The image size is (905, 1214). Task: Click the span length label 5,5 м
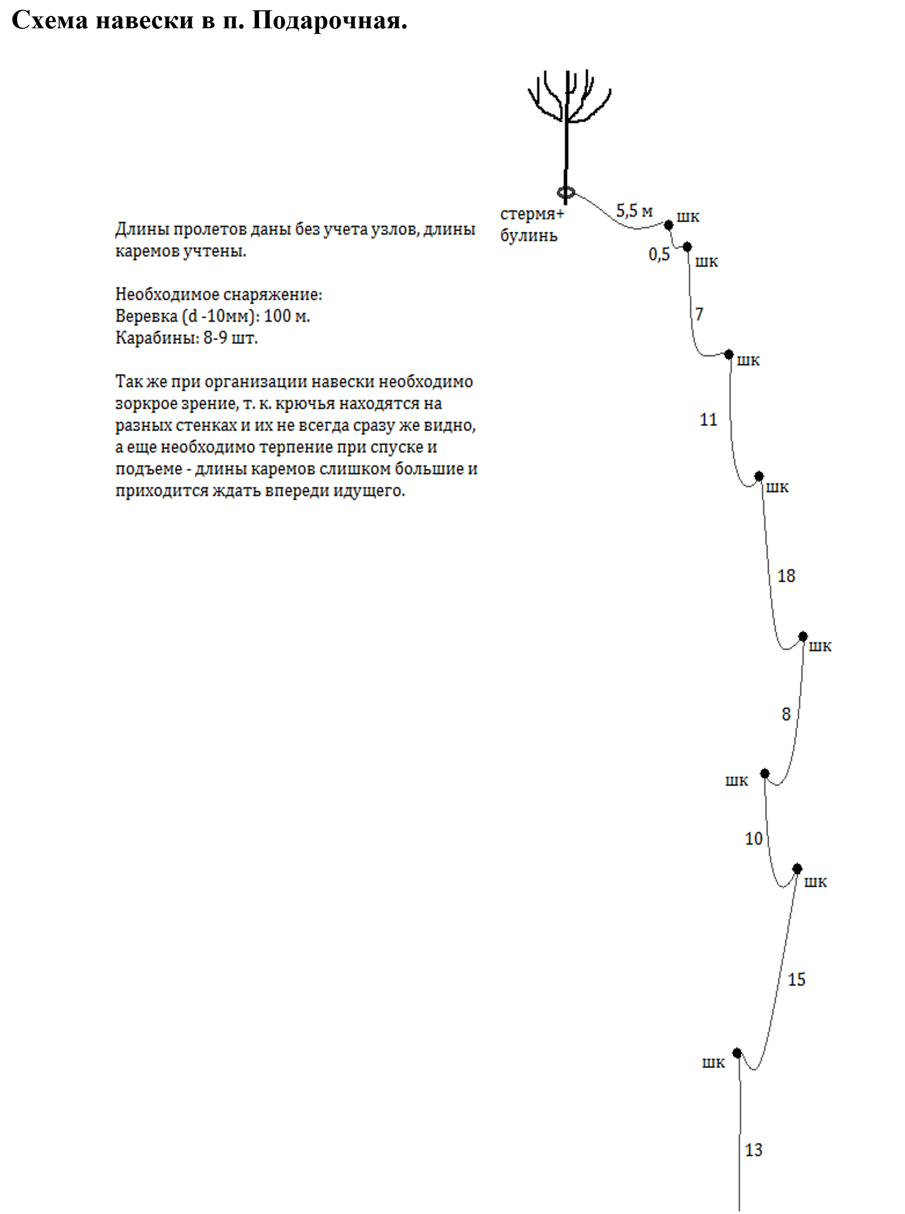click(x=634, y=211)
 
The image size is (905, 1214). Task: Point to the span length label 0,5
click(x=659, y=254)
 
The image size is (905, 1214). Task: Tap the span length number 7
click(x=699, y=314)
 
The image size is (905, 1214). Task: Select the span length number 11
click(x=708, y=419)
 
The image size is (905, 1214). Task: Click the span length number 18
click(x=786, y=576)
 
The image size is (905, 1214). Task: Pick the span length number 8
click(x=786, y=714)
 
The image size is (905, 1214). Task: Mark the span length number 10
click(x=754, y=839)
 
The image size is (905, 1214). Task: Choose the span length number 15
click(x=797, y=980)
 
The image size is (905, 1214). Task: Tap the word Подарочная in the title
click(x=329, y=21)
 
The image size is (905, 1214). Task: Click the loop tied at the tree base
click(x=566, y=192)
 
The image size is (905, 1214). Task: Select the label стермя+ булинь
click(x=530, y=225)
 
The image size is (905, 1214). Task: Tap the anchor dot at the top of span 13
click(x=737, y=1053)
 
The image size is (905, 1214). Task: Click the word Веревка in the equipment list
click(x=146, y=316)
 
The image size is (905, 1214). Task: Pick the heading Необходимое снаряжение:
click(x=218, y=295)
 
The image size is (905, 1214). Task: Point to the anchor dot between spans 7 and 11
click(x=729, y=355)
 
